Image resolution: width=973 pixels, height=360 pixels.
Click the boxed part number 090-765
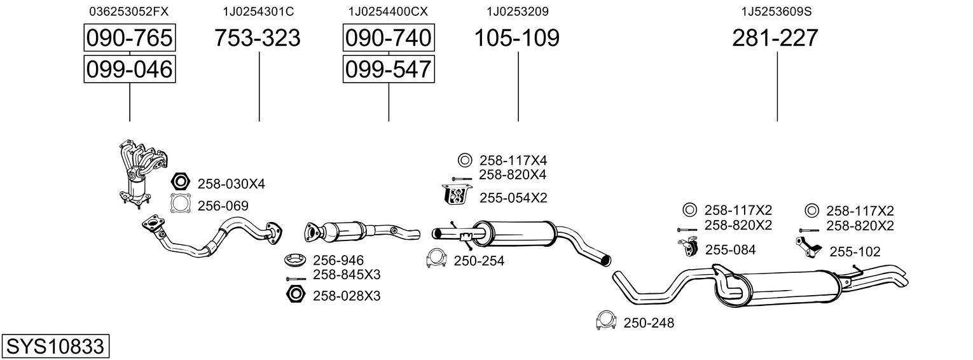130,38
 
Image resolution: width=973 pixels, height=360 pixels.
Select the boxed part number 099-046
130,69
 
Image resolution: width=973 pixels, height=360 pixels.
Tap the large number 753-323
257,38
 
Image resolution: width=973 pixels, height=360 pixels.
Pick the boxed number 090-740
389,38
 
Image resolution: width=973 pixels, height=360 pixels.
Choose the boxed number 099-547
389,69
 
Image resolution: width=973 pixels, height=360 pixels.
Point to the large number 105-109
517,38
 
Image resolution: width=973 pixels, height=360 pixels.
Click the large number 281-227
775,38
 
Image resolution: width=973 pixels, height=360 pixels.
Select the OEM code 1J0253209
517,11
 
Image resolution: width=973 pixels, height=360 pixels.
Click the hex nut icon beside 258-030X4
181,183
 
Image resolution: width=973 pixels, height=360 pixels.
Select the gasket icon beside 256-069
181,204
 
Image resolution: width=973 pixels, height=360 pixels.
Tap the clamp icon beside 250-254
437,259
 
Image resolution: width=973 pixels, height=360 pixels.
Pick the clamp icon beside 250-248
606,322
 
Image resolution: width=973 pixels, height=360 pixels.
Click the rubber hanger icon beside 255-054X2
455,195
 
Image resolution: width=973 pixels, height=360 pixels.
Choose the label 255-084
730,250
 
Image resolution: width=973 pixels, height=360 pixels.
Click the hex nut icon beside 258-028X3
295,295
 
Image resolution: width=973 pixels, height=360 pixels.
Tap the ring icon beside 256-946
295,260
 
